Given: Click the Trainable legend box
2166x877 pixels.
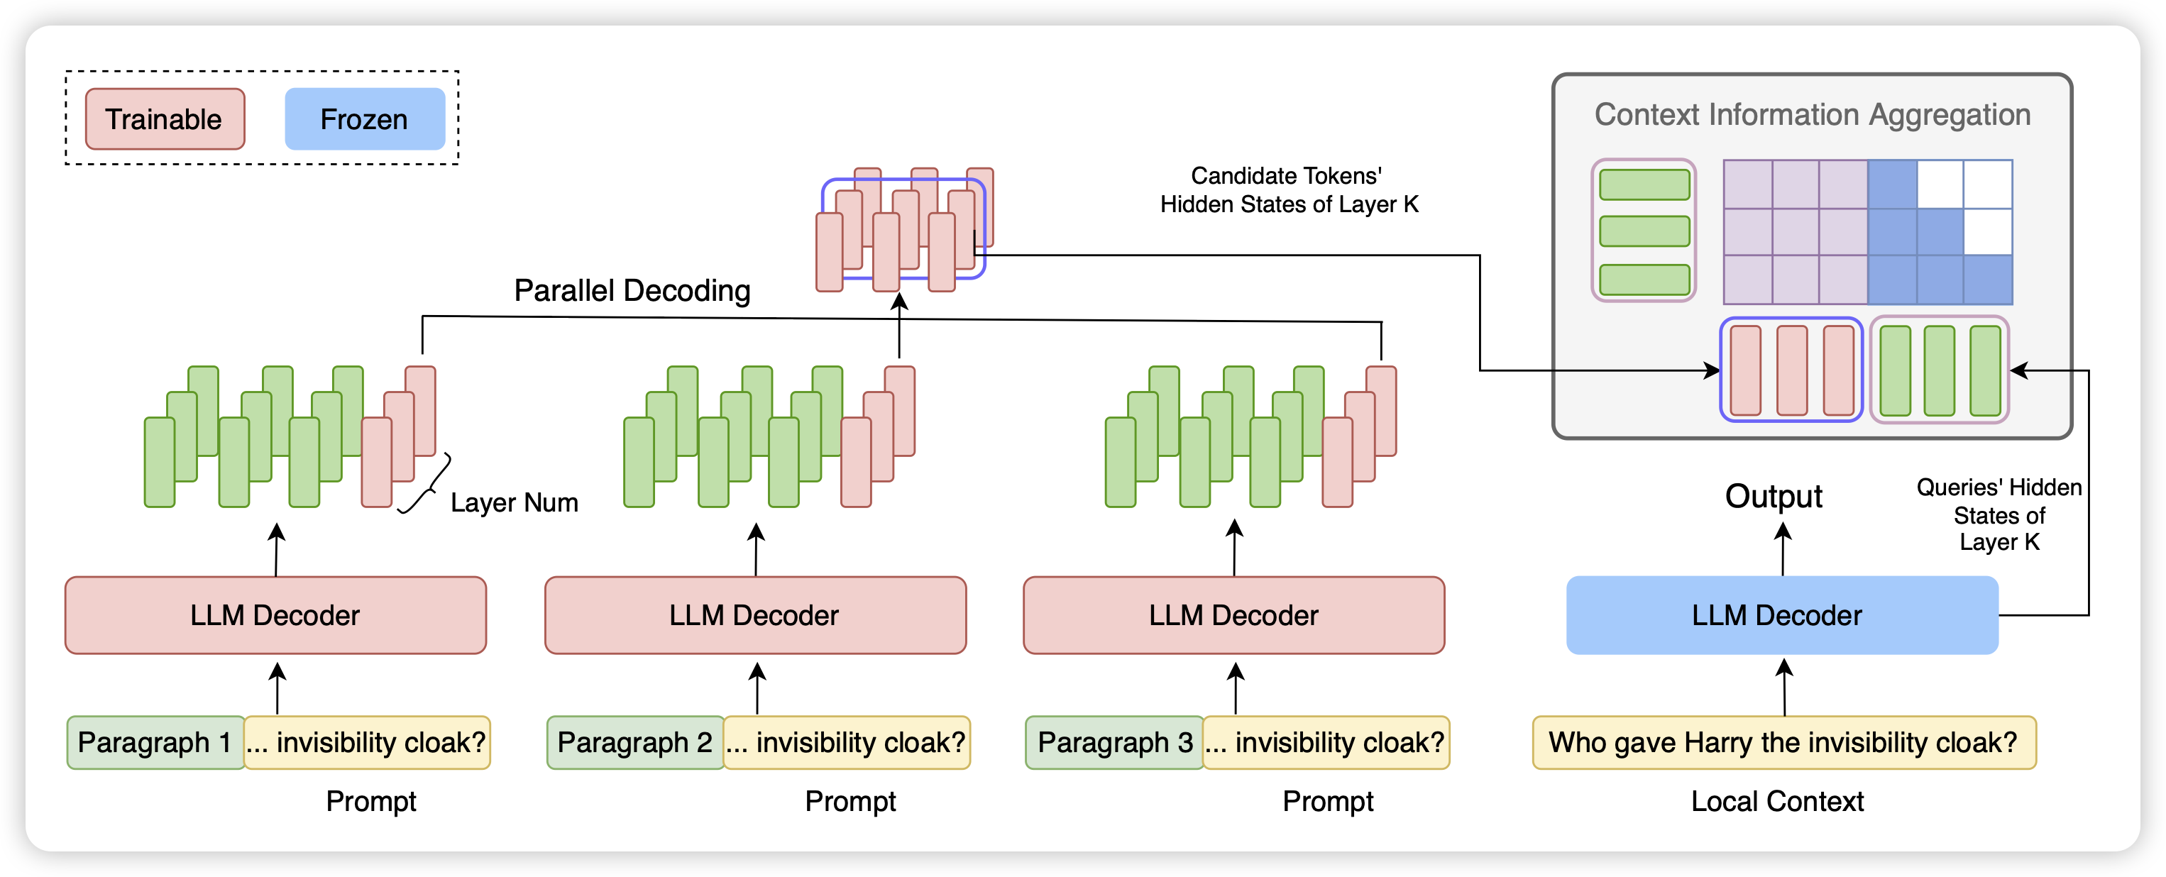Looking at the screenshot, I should (x=165, y=119).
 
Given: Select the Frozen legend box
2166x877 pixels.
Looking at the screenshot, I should (x=364, y=119).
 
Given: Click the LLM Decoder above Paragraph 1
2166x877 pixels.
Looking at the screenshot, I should (x=275, y=615).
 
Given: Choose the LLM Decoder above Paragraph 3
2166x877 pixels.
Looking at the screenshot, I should (x=1233, y=615).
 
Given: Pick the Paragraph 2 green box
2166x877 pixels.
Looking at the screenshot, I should (x=635, y=742).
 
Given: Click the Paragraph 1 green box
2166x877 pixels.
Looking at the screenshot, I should (x=155, y=742).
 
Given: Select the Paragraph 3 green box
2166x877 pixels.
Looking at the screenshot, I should (x=1114, y=742).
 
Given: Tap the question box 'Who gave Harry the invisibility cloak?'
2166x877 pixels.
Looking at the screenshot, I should (x=1783, y=742).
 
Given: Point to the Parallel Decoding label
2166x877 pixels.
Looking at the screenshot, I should (x=632, y=291).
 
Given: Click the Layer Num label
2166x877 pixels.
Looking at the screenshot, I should (x=514, y=503).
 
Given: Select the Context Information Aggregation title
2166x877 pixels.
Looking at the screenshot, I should (x=1812, y=115).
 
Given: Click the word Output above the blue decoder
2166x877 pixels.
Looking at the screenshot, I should (x=1774, y=496).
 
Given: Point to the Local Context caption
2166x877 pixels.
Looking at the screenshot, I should (x=1776, y=801).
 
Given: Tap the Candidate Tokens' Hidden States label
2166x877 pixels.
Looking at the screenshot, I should (x=1288, y=190).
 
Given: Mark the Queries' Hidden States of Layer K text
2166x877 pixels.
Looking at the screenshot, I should (x=1999, y=514).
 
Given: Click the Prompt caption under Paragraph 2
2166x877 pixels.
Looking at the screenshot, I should (x=850, y=801).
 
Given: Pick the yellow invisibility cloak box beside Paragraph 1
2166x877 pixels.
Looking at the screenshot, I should (x=368, y=742).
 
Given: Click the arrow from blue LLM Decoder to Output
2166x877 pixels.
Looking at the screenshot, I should (x=1783, y=551).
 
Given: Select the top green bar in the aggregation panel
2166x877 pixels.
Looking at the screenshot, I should (x=1644, y=185).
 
